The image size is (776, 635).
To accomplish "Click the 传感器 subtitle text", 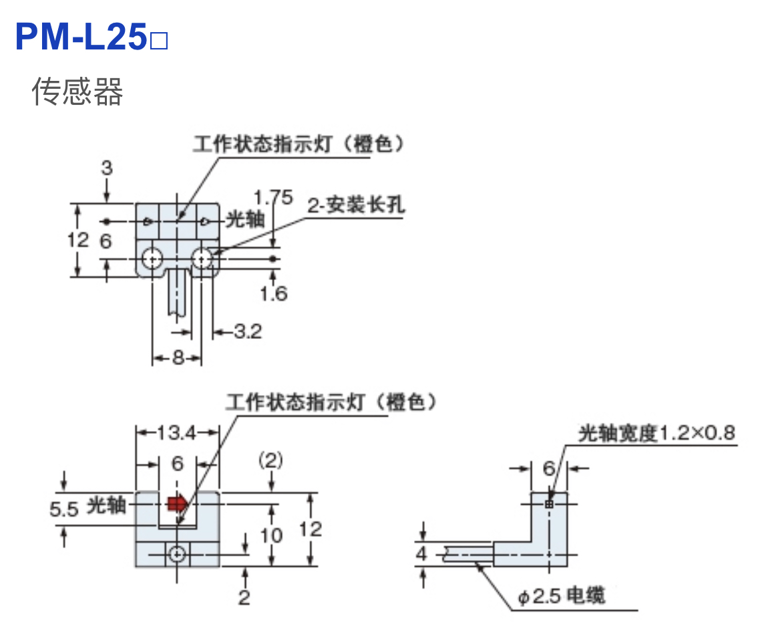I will click(77, 92).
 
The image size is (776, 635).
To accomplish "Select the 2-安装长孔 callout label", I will click(356, 205).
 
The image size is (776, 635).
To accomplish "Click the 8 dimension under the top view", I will click(178, 358).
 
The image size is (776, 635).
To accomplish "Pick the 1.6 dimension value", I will click(274, 293).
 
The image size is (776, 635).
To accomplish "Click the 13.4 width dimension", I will click(177, 433).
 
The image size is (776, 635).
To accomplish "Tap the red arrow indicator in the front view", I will click(178, 503).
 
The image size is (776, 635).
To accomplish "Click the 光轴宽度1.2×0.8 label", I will click(656, 434).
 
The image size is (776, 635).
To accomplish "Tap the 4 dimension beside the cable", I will click(421, 553).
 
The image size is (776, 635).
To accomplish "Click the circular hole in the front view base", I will click(177, 554).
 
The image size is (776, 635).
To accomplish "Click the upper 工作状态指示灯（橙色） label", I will click(299, 144).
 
